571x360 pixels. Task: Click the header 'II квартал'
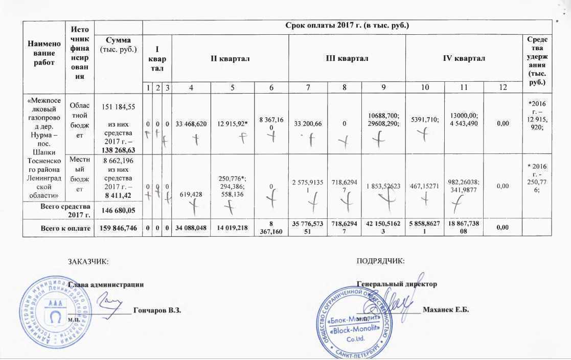tap(230, 59)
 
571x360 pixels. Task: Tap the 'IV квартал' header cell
tap(464, 59)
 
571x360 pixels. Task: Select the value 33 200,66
tap(307, 124)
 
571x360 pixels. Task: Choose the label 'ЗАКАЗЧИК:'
tap(88, 262)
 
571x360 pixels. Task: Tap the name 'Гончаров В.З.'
tap(157, 310)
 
